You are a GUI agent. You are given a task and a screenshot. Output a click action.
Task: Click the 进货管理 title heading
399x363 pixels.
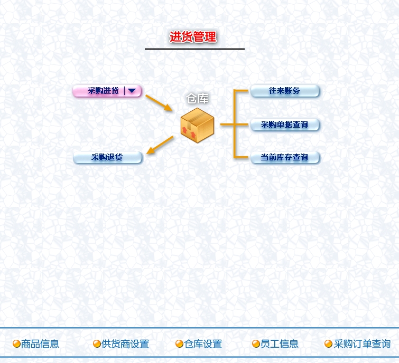[193, 37]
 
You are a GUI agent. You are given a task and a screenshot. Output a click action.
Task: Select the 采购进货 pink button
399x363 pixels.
[103, 91]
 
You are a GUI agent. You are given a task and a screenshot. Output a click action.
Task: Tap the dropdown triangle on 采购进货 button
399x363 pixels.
[132, 91]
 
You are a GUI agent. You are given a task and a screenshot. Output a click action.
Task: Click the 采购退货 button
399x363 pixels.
[107, 157]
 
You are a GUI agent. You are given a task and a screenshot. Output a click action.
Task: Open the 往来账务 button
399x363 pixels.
[285, 91]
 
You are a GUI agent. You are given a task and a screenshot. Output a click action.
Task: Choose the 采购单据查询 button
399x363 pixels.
[285, 125]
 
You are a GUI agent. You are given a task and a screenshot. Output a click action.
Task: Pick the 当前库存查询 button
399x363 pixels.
[285, 157]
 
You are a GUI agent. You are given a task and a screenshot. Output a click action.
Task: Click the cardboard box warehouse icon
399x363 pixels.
[197, 125]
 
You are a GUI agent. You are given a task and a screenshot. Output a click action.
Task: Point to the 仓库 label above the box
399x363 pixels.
[197, 99]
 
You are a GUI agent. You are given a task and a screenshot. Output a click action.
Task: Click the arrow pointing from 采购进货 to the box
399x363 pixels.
[159, 103]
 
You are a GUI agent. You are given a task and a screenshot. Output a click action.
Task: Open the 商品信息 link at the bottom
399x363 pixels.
[40, 344]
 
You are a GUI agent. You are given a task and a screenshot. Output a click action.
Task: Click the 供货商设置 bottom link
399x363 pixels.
[125, 344]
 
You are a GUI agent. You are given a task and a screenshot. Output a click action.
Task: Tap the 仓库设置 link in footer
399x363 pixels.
[203, 344]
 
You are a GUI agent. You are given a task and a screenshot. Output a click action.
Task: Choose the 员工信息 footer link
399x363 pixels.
[280, 344]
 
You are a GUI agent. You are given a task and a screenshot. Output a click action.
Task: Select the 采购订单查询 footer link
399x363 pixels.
[362, 344]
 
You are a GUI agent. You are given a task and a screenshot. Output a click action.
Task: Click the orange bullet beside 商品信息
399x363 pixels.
[17, 344]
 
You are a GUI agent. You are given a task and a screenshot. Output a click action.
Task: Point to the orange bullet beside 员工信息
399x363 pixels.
[256, 344]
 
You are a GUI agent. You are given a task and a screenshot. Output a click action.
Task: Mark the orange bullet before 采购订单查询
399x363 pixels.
[329, 344]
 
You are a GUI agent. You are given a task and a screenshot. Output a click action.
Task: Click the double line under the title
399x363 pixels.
[194, 49]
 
